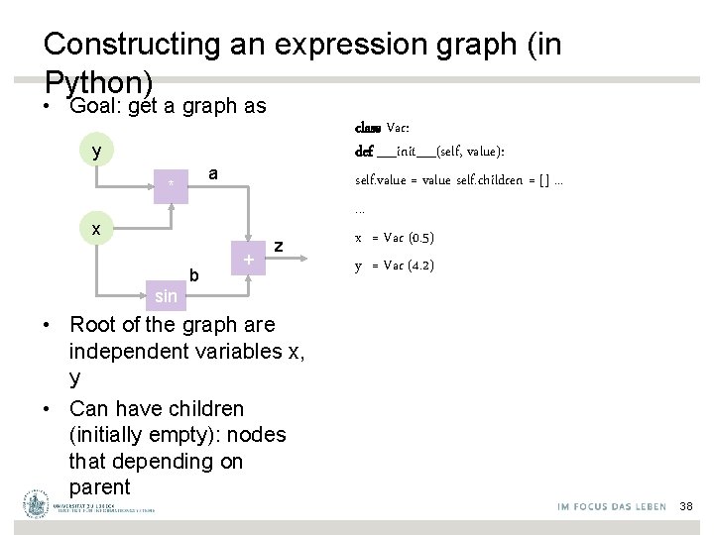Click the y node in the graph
[x=95, y=152]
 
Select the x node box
[x=95, y=229]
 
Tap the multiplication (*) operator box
[x=172, y=184]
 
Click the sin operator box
[x=166, y=295]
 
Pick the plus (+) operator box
[x=248, y=260]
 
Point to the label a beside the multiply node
[x=212, y=173]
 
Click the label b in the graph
[x=194, y=274]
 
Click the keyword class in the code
[x=368, y=128]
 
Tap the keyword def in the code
[x=364, y=152]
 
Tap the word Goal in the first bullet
[x=95, y=105]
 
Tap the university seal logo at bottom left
[x=37, y=504]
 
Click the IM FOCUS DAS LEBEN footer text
[x=612, y=506]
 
